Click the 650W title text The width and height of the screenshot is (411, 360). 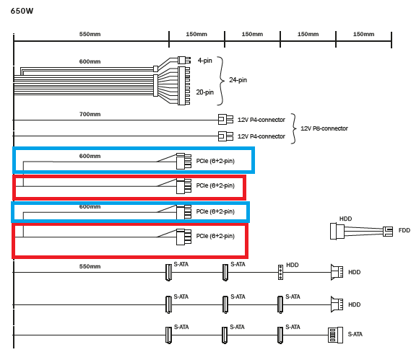click(22, 11)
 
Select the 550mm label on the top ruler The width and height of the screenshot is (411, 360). click(90, 34)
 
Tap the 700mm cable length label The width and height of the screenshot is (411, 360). click(90, 114)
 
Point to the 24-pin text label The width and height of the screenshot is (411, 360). click(238, 80)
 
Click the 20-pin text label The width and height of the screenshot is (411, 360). click(205, 92)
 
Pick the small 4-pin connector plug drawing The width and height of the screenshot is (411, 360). click(184, 60)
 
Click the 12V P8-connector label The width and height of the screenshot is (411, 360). click(324, 128)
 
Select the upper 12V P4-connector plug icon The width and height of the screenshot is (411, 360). click(225, 119)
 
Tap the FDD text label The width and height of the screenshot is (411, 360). click(404, 230)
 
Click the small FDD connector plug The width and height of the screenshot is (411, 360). click(388, 232)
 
